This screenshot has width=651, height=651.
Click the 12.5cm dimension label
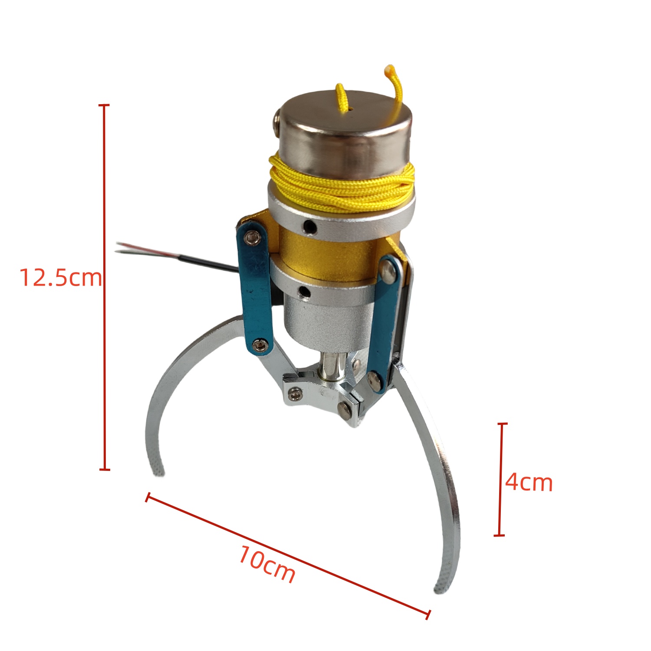pyautogui.click(x=61, y=277)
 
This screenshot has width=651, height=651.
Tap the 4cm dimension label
pyautogui.click(x=529, y=482)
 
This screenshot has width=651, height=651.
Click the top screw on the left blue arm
pyautogui.click(x=252, y=237)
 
